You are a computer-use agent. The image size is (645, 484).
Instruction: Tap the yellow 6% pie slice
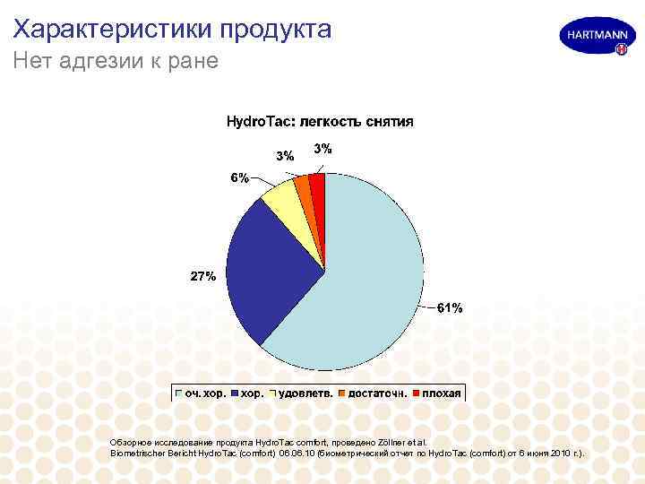[281, 201]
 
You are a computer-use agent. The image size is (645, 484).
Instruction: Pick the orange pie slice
[303, 187]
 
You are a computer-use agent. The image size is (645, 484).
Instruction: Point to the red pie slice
[317, 184]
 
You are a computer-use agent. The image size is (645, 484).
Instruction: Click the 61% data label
[450, 308]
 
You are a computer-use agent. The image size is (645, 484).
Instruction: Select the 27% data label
[202, 276]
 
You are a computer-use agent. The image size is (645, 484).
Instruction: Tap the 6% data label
[239, 177]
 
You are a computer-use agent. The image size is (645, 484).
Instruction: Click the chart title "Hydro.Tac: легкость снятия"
[319, 121]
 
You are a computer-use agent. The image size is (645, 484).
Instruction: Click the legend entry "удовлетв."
[310, 393]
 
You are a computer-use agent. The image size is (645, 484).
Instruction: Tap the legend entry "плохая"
[442, 393]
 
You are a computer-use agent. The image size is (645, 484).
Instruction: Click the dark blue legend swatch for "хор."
[236, 393]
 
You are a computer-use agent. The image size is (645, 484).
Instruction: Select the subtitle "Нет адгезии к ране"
[116, 63]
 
